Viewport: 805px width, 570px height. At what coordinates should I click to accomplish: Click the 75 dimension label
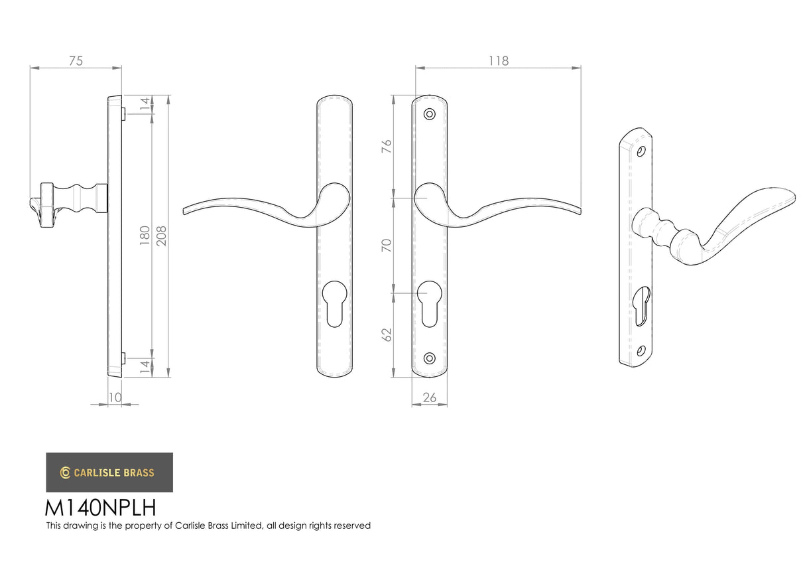[x=76, y=61]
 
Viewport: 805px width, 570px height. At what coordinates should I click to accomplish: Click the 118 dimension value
[x=499, y=61]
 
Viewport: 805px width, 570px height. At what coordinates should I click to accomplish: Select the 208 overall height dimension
[x=162, y=236]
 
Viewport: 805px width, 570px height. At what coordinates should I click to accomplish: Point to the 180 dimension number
[x=145, y=236]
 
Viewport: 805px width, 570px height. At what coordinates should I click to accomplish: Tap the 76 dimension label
[x=387, y=147]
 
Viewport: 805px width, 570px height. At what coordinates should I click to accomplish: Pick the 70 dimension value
[x=387, y=246]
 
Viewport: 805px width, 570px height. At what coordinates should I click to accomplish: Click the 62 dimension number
[x=387, y=335]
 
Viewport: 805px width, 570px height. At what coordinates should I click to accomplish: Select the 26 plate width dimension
[x=430, y=397]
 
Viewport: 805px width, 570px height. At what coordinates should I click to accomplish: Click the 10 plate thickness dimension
[x=115, y=397]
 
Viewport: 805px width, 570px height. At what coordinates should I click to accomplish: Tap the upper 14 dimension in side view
[x=145, y=104]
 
